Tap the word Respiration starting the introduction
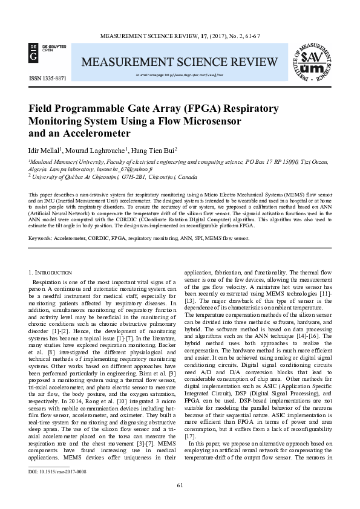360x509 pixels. pos(53,282)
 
